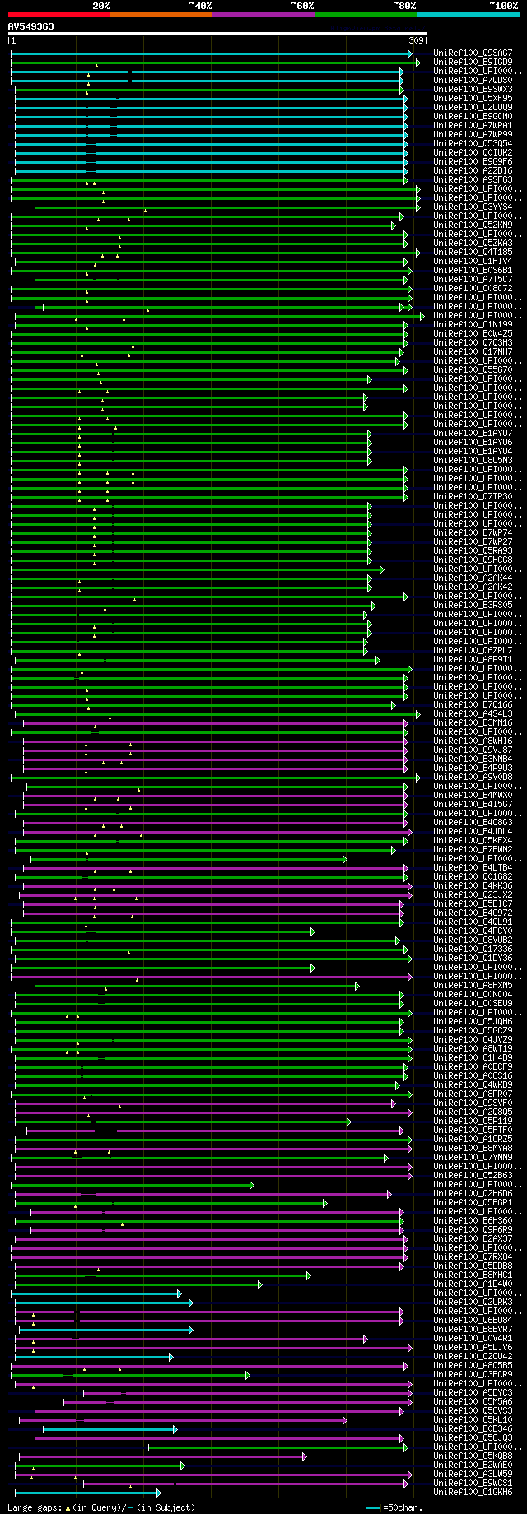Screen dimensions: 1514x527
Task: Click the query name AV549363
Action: click(31, 26)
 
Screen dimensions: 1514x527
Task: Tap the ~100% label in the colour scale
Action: click(502, 6)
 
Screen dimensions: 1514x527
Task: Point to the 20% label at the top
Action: click(100, 6)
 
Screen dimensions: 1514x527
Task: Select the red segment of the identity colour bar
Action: click(58, 15)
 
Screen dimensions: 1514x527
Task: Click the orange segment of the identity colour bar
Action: click(161, 15)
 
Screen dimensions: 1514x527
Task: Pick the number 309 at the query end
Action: click(417, 40)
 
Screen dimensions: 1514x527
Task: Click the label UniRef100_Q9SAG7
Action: click(473, 53)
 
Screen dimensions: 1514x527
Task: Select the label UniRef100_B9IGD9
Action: click(473, 63)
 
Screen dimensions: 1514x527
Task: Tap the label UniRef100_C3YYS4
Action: click(473, 207)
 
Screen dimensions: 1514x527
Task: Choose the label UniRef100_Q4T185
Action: click(473, 253)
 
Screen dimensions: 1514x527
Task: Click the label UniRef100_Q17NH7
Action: click(473, 352)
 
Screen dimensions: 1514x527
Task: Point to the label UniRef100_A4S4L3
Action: click(473, 714)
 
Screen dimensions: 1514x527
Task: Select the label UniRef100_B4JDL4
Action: click(473, 832)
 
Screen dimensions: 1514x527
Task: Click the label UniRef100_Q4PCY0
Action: click(473, 931)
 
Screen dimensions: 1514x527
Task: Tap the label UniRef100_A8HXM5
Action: click(473, 986)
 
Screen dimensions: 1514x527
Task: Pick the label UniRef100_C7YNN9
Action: click(473, 1158)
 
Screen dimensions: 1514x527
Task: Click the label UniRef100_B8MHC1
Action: click(473, 1275)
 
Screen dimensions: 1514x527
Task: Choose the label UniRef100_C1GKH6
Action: click(473, 1493)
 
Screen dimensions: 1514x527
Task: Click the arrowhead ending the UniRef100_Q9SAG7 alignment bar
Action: click(409, 53)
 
